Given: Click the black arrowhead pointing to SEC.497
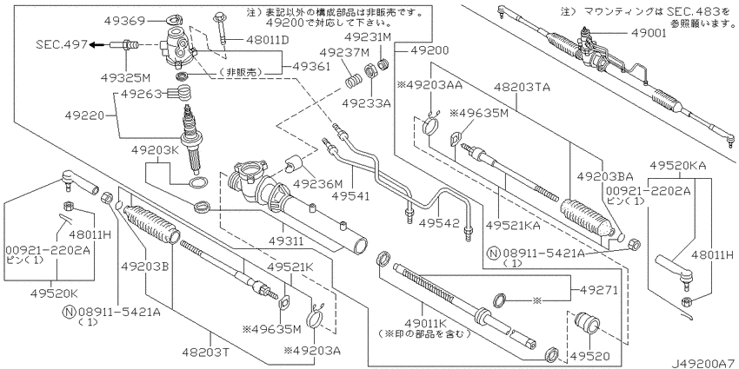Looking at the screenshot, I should (x=91, y=43).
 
